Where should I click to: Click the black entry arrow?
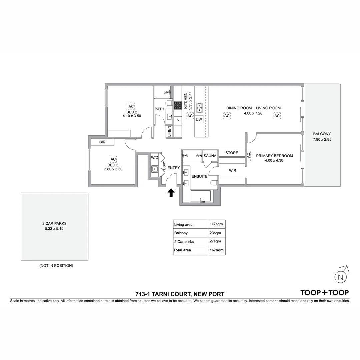point(171,193)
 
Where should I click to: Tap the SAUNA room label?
point(210,156)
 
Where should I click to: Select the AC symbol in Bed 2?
point(131,106)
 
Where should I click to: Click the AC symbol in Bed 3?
point(113,159)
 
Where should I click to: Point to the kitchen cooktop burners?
point(178,105)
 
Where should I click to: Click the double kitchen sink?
point(199,107)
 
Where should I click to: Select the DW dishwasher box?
point(199,119)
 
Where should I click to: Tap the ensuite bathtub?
point(200,196)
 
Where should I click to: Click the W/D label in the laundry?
point(155,157)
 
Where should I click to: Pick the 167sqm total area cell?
point(216,250)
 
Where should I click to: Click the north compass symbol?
point(341,276)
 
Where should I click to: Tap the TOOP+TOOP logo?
point(324,293)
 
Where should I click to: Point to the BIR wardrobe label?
point(103,142)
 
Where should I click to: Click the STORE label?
point(232,153)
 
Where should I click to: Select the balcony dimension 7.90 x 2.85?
point(322,140)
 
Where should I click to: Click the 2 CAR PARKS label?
point(55,224)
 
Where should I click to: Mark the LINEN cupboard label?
point(169,131)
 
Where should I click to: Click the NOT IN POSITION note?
point(56,266)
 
